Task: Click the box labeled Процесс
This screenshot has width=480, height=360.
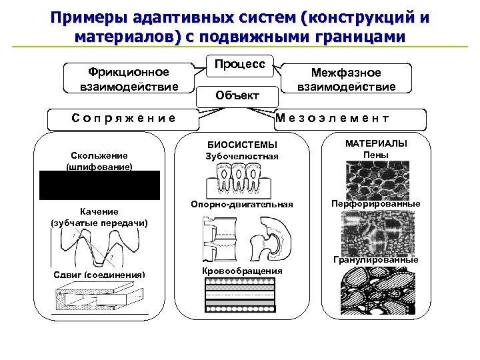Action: pos(240,65)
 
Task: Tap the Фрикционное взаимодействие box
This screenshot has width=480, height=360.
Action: pos(129,79)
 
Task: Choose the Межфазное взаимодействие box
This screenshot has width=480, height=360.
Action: pos(347,79)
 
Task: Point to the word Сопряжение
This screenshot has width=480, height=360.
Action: pos(124,118)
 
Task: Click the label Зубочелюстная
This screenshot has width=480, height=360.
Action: pos(242,157)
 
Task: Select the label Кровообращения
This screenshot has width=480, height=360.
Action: pos(241,271)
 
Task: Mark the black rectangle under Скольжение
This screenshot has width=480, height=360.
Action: pos(99,185)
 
